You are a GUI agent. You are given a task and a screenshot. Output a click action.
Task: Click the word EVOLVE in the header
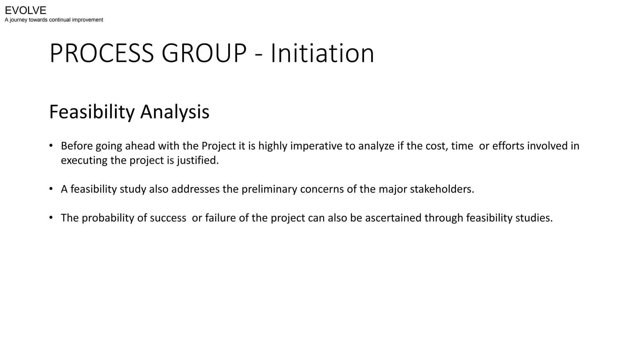pyautogui.click(x=26, y=11)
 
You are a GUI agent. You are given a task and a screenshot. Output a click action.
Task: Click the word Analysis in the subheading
pyautogui.click(x=175, y=112)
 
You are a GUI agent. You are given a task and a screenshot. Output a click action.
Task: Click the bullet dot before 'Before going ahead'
pyautogui.click(x=51, y=146)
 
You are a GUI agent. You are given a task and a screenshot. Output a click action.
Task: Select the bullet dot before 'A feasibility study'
pyautogui.click(x=51, y=189)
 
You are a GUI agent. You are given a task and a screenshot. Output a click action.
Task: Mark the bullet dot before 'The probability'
pyautogui.click(x=51, y=217)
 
